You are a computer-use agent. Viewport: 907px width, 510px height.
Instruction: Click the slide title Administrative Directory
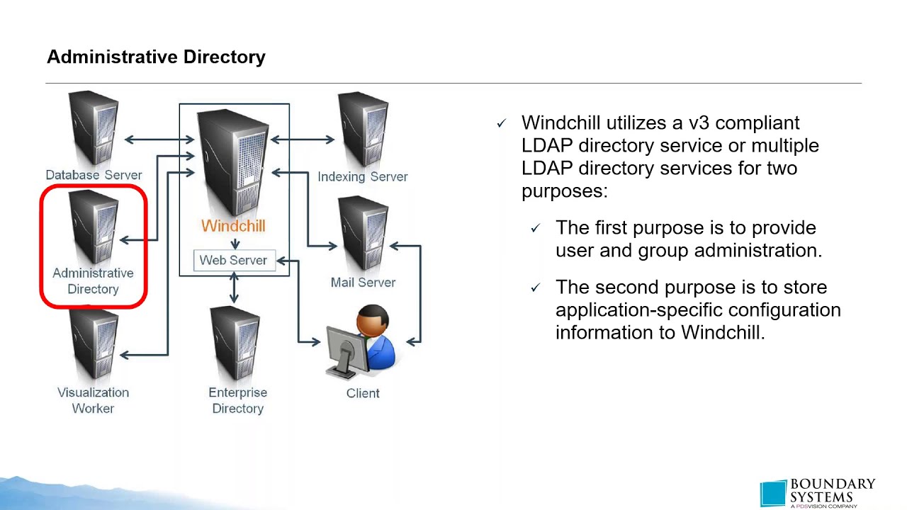coord(156,57)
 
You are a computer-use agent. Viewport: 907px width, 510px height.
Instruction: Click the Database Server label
coord(94,175)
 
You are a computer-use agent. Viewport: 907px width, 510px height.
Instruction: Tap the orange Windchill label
coord(233,226)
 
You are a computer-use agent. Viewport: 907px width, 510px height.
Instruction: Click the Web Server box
coord(233,260)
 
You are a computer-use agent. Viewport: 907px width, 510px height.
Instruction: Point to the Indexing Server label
coord(362,176)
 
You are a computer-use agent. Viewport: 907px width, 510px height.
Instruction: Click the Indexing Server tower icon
coord(362,130)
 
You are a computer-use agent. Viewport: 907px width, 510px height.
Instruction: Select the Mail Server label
coord(363,282)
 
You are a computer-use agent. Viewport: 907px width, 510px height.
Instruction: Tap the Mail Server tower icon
coord(362,234)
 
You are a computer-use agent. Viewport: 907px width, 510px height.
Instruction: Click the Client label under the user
coord(363,393)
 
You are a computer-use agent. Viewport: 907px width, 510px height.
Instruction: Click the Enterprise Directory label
coord(237,400)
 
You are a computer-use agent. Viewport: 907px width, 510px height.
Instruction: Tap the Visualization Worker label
coord(93,400)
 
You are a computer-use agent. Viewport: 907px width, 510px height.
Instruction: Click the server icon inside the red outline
coord(94,227)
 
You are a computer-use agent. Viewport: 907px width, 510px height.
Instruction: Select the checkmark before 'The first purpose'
coord(536,229)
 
